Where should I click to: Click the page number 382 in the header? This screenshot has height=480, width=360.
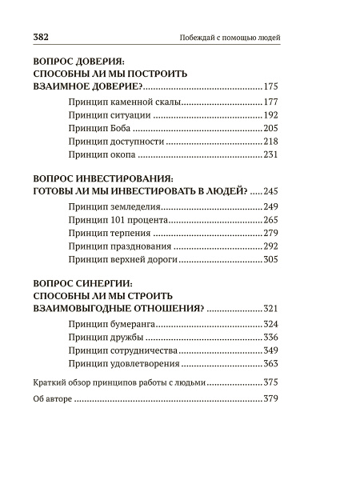pyautogui.click(x=42, y=38)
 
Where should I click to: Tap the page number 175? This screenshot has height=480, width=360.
pyautogui.click(x=270, y=86)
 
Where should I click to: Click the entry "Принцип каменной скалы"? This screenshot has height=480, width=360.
pyautogui.click(x=115, y=102)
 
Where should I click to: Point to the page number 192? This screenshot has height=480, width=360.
pyautogui.click(x=270, y=116)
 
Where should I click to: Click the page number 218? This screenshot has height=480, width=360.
pyautogui.click(x=270, y=142)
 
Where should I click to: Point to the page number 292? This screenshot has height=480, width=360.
pyautogui.click(x=270, y=246)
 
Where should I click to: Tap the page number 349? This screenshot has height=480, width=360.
pyautogui.click(x=270, y=350)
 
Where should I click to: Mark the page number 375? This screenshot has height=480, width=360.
pyautogui.click(x=270, y=382)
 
